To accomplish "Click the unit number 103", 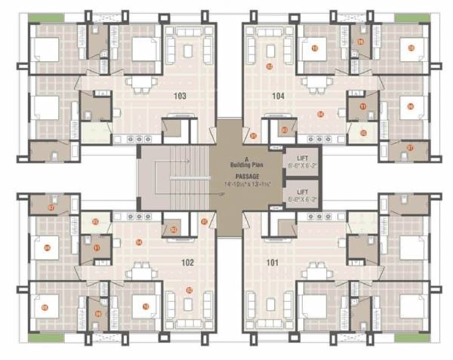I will [x=179, y=97].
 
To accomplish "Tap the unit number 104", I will [x=278, y=97].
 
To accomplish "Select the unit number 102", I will [x=188, y=263].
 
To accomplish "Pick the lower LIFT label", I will [x=293, y=193].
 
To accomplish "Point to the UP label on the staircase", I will [x=220, y=194].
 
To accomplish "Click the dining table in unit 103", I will [x=140, y=82].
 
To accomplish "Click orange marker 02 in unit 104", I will [x=269, y=66].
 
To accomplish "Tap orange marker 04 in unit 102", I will [x=139, y=242].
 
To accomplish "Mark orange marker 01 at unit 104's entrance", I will [x=254, y=136].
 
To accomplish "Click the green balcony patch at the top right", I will [x=411, y=17].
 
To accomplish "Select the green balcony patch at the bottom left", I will [x=44, y=336].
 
